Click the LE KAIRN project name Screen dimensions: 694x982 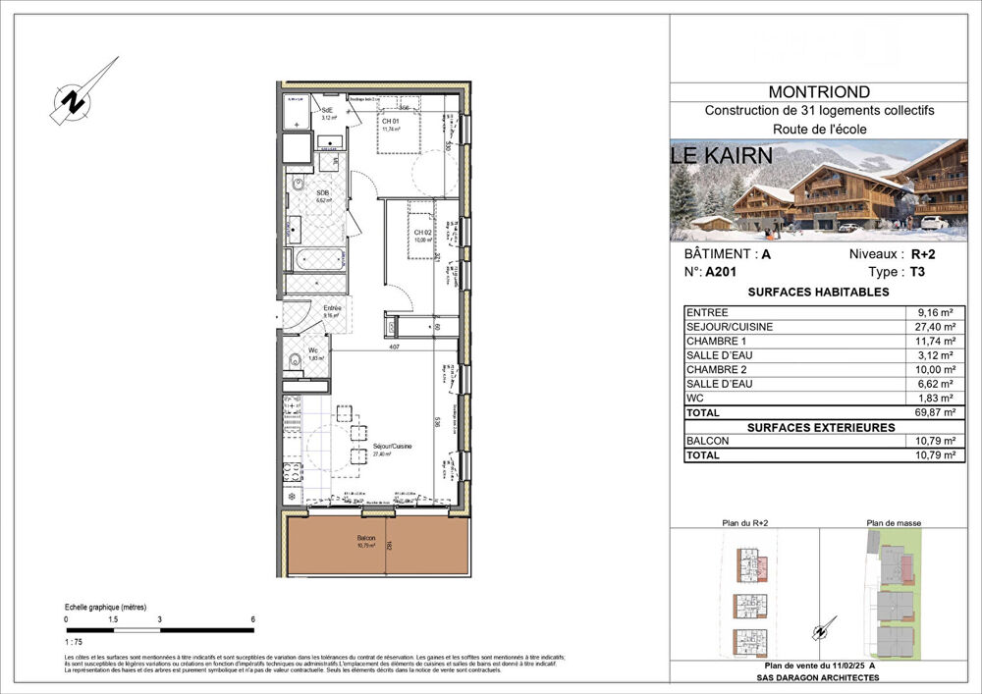tap(722, 155)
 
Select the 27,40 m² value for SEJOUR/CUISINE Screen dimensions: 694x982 tap(932, 326)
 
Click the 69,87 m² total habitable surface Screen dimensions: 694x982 tap(932, 413)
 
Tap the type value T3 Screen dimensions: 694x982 tap(918, 274)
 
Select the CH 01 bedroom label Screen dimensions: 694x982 tap(392, 121)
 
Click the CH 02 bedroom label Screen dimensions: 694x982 tap(423, 233)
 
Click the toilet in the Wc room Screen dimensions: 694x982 tap(294, 359)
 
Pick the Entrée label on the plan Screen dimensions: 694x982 tap(333, 308)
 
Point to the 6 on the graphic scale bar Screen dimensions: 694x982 tap(252, 619)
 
